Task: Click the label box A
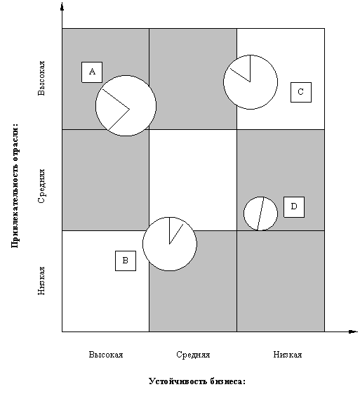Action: [92, 72]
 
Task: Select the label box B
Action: [126, 261]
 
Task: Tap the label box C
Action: [301, 92]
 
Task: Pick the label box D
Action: [294, 207]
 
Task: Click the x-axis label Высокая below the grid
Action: [106, 355]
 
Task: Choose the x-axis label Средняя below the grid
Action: [193, 355]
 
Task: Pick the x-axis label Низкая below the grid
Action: [288, 355]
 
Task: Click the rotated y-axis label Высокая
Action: [41, 78]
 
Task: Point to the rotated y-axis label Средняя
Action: [41, 186]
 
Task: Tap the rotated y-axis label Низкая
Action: [41, 281]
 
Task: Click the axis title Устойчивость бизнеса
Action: [197, 381]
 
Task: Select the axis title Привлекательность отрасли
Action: [15, 185]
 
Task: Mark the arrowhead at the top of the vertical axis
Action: [62, 6]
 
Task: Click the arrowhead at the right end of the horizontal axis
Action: [353, 331]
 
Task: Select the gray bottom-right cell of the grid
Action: [281, 281]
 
